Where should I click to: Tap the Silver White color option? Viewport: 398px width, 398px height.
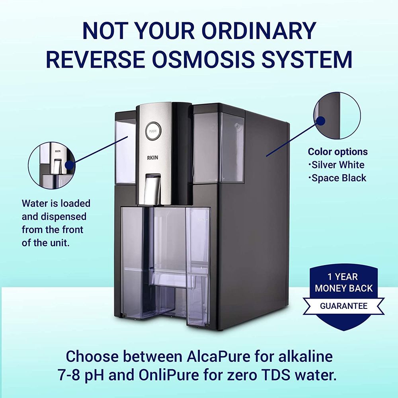coord(338,165)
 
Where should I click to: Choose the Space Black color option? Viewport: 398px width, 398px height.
coord(339,178)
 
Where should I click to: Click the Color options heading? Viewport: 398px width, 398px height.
coord(338,152)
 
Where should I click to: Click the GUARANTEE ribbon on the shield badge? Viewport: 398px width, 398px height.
coord(338,306)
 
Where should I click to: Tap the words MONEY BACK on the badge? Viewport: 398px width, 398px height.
coord(338,288)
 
